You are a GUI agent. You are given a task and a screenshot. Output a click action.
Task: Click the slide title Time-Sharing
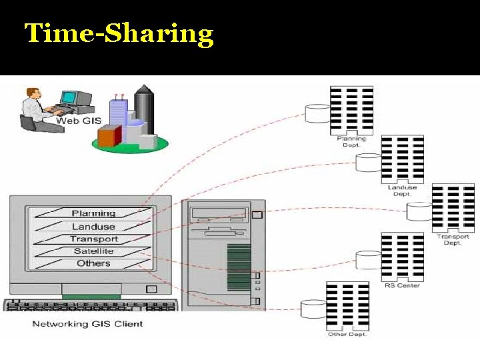point(119,33)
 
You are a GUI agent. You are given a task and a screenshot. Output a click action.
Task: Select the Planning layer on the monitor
point(93,213)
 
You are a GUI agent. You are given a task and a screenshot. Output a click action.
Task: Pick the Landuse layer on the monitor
point(93,227)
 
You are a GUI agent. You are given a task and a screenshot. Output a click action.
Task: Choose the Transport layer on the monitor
point(93,239)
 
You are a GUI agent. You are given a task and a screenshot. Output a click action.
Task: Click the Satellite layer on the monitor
point(93,251)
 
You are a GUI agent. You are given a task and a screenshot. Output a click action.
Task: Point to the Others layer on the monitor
point(93,263)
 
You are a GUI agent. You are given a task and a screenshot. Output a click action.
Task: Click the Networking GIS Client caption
point(87,324)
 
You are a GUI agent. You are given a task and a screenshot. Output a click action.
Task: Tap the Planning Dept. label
point(351,141)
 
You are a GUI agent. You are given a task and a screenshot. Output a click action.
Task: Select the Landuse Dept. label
point(402,191)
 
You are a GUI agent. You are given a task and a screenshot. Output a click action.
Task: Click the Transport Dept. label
point(453,239)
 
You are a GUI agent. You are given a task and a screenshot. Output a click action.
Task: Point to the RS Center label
point(402,286)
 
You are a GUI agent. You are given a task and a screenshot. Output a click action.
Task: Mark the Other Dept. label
point(347,334)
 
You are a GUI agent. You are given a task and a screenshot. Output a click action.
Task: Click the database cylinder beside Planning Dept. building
point(317,113)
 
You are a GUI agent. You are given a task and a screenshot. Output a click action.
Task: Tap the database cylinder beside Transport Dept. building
point(419,212)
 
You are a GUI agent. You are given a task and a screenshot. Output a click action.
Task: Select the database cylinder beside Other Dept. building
point(313,309)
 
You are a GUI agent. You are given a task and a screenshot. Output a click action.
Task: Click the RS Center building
point(402,257)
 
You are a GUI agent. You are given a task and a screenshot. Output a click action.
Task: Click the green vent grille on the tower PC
point(239,267)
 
